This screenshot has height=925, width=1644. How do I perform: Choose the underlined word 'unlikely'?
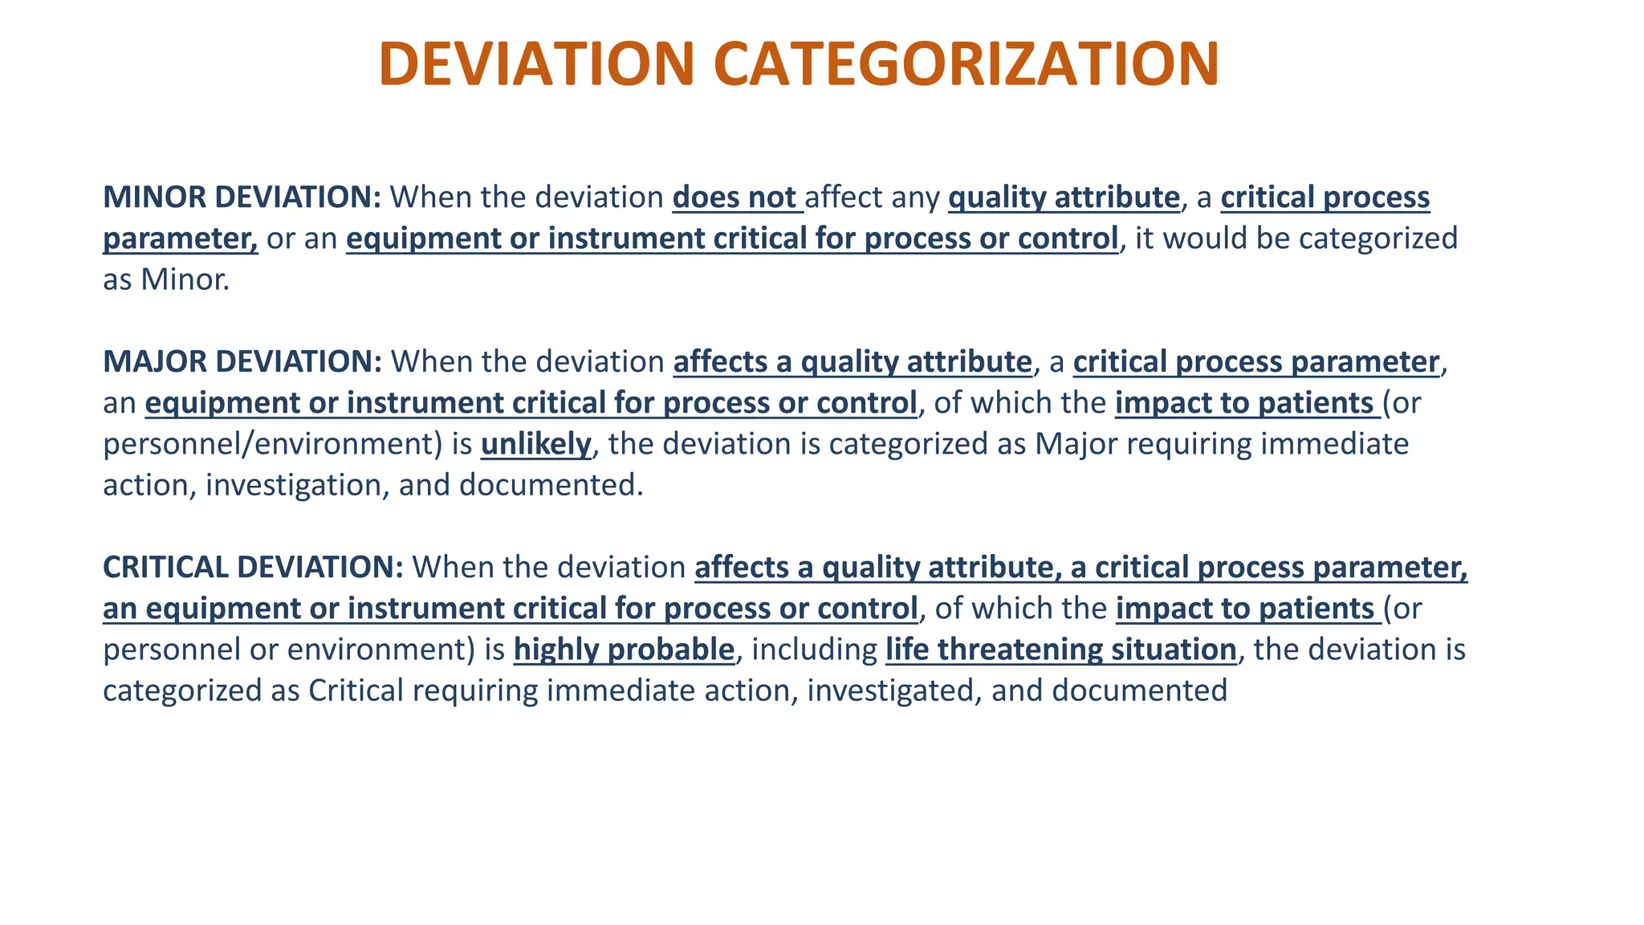click(535, 444)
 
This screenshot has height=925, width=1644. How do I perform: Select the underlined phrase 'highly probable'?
click(624, 650)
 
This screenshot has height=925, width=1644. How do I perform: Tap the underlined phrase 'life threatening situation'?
click(1060, 650)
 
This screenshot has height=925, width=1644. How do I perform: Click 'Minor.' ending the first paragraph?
click(185, 279)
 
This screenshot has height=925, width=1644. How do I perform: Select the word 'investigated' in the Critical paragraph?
click(890, 691)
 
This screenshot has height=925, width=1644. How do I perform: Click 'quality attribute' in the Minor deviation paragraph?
click(1064, 198)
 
